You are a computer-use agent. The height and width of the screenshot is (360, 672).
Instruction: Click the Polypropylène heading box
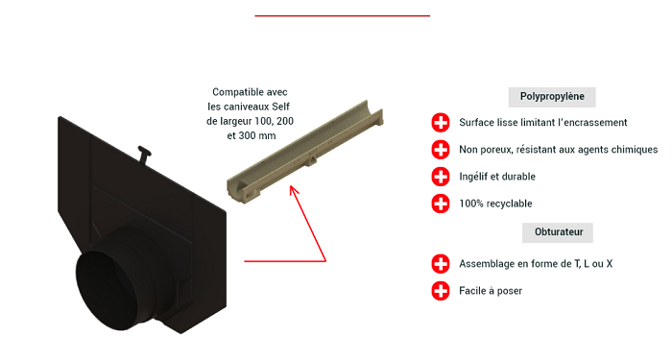tap(552, 97)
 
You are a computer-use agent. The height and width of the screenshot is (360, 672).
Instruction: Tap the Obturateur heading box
tap(558, 232)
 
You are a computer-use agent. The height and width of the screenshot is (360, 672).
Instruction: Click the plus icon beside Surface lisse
tap(441, 123)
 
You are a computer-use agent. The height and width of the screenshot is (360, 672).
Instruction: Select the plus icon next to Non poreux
tap(441, 150)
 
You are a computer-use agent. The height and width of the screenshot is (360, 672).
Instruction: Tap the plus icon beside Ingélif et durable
tap(441, 177)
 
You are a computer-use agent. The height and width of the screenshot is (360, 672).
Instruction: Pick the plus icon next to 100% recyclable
tap(441, 204)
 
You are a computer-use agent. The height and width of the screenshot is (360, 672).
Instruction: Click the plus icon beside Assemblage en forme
tap(441, 264)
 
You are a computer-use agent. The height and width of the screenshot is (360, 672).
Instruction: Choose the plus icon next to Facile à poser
tap(441, 291)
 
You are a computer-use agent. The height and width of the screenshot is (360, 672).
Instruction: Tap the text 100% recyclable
tap(495, 204)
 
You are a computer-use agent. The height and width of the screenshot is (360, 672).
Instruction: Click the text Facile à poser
tap(491, 291)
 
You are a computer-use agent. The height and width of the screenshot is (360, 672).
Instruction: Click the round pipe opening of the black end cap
tap(108, 291)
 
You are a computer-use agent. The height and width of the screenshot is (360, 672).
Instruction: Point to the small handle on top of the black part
tap(144, 154)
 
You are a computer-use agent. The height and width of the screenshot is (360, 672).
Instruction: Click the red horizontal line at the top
tap(343, 16)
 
